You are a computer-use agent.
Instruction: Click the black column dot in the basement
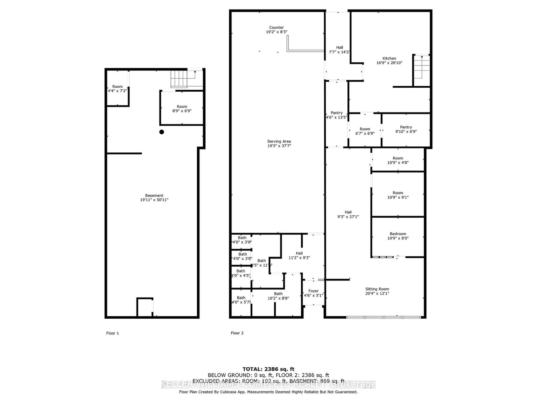pos(161,132)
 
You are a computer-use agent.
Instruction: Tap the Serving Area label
pos(279,143)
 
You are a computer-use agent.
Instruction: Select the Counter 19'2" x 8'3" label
pos(277,30)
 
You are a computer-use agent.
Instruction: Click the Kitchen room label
pos(389,60)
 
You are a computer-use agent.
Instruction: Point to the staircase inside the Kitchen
pos(422,66)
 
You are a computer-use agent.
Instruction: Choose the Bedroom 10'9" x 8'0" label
pos(398,236)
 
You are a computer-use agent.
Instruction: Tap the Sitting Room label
pos(377,291)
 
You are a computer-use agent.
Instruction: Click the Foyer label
pos(313,293)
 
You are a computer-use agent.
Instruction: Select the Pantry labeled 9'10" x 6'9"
pos(406,129)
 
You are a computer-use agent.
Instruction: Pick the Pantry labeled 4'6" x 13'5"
pos(336,115)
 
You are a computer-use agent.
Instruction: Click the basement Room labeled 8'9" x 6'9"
pos(182,108)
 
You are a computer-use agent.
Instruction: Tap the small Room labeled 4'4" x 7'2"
pos(117,88)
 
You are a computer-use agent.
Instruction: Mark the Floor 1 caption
pos(112,333)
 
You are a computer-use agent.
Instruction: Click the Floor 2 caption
pos(237,333)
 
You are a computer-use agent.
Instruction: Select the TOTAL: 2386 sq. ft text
pos(268,369)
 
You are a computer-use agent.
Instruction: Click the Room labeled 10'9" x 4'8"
pos(398,160)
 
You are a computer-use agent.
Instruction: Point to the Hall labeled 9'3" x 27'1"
pos(348,214)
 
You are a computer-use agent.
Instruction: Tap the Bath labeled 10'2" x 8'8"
pos(278,296)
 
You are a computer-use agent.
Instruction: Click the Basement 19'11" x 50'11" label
pos(154,197)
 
